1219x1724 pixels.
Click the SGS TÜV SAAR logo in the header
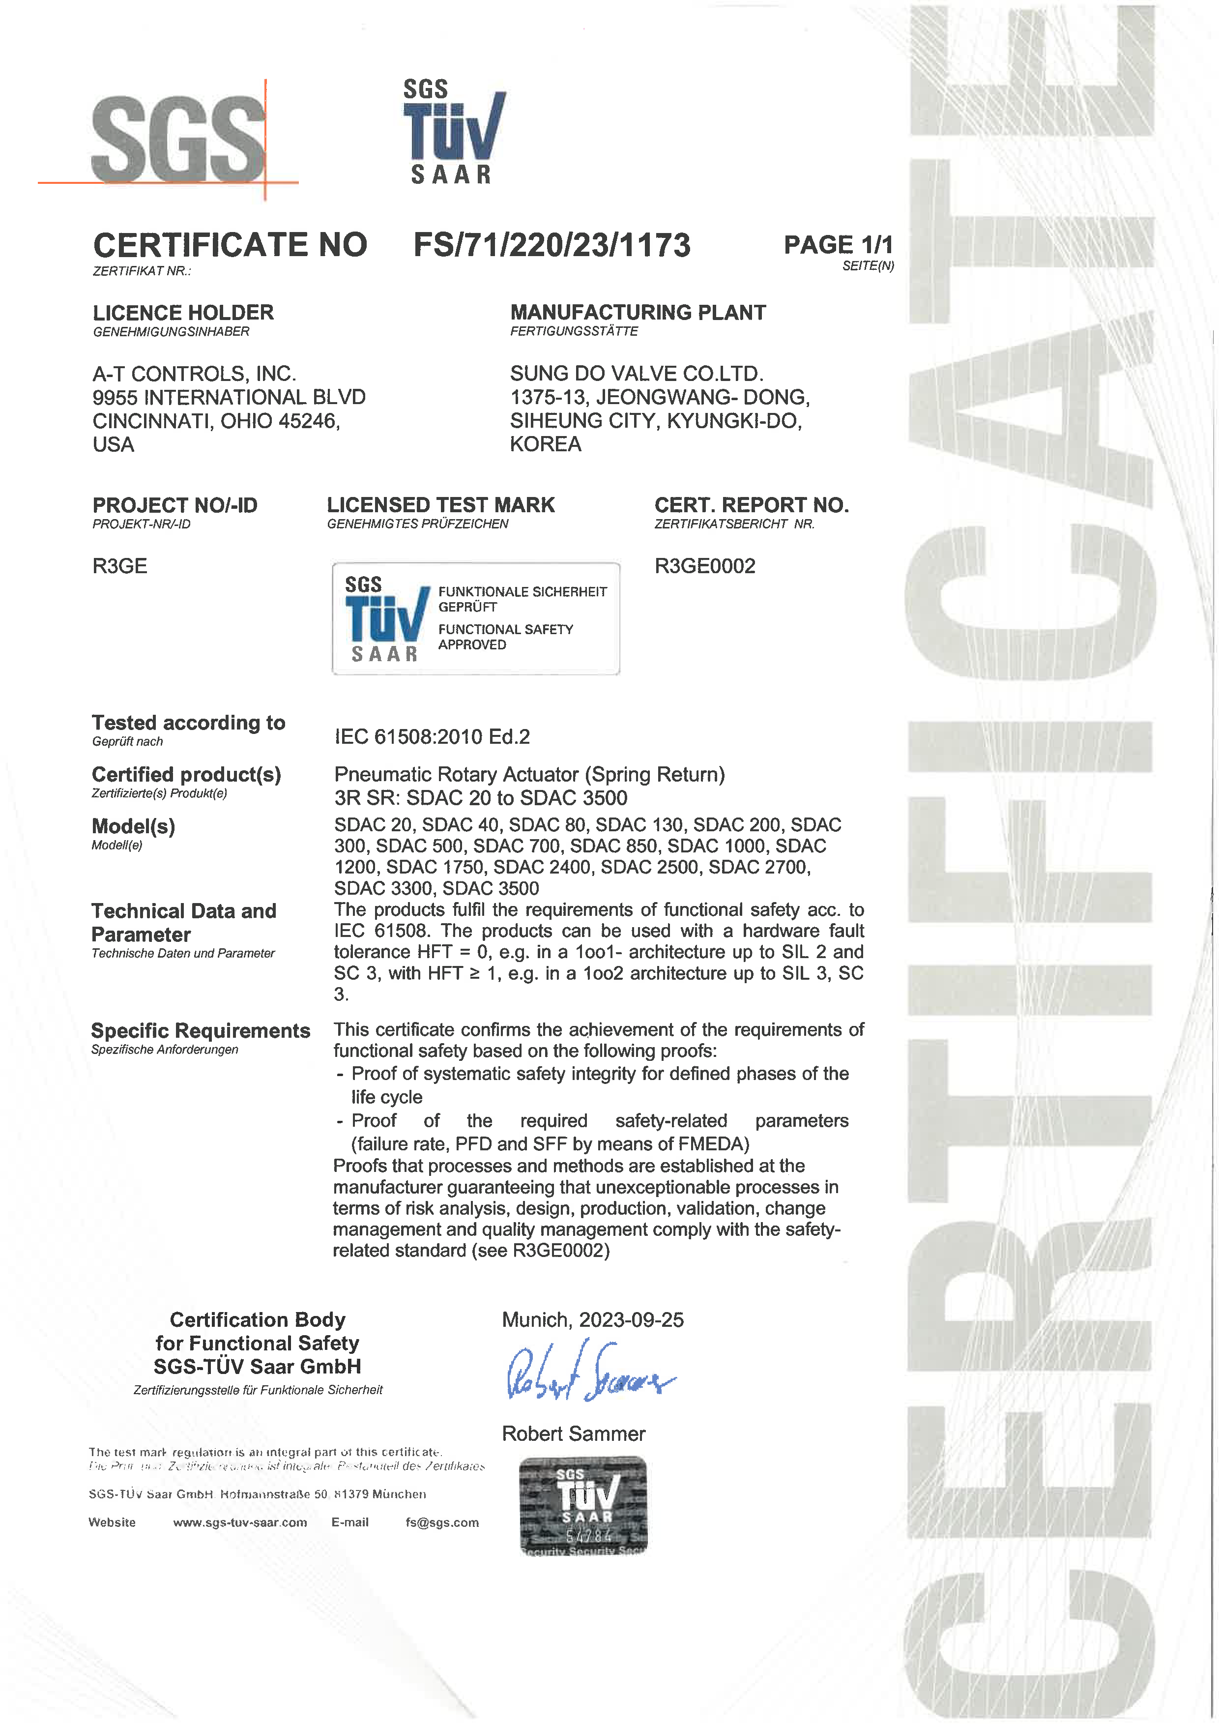click(x=453, y=132)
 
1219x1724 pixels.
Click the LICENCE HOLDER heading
click(x=183, y=312)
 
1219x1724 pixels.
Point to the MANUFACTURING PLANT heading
click(x=638, y=312)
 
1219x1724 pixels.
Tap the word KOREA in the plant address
click(x=546, y=444)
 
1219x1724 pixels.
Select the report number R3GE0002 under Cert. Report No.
click(x=705, y=566)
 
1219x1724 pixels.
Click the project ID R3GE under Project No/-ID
click(x=120, y=566)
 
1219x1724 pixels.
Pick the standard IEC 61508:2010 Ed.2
click(x=433, y=736)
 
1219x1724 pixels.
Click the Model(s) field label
click(x=134, y=827)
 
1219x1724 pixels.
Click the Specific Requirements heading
click(x=201, y=1030)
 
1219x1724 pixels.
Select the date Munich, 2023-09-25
click(x=593, y=1320)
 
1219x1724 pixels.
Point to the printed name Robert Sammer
click(x=574, y=1433)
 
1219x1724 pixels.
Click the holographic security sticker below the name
click(x=583, y=1506)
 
